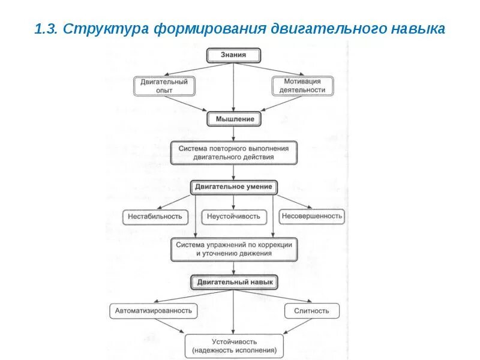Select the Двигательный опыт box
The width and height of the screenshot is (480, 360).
[164, 85]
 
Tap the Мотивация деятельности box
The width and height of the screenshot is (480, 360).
[302, 85]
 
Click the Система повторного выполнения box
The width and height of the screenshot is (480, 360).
[233, 152]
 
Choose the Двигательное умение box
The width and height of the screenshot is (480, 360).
[234, 187]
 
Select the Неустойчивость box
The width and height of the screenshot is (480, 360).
[234, 216]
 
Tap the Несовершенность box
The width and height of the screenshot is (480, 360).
[311, 216]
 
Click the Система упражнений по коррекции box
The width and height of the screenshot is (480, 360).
[233, 249]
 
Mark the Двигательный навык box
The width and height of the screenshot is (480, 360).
[234, 281]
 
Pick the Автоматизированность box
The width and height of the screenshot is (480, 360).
[154, 310]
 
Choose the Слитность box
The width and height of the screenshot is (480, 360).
[311, 310]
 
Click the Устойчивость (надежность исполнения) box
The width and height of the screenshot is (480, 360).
[234, 346]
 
